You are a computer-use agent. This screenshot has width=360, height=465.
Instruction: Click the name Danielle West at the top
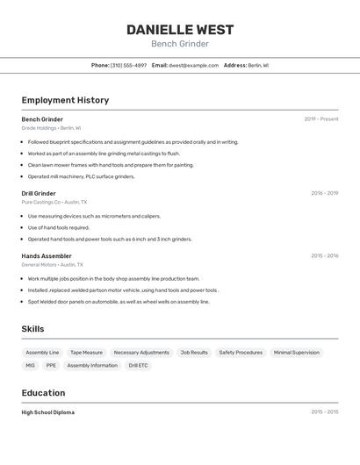click(x=180, y=29)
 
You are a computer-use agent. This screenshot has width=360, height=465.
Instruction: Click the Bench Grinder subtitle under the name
click(x=180, y=44)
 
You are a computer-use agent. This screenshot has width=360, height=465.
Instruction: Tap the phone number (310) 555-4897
click(x=128, y=65)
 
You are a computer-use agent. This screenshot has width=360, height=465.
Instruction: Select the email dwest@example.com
click(x=193, y=65)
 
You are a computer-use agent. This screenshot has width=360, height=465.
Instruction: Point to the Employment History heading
click(x=65, y=100)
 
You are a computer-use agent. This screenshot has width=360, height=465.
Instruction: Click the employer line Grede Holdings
click(x=51, y=128)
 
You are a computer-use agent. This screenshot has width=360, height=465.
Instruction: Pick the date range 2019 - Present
click(x=321, y=119)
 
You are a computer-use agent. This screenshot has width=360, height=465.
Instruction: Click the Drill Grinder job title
click(x=39, y=193)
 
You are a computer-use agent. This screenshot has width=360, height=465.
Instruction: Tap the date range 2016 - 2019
click(x=324, y=193)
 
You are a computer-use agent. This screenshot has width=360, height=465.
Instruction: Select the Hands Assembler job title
click(x=47, y=256)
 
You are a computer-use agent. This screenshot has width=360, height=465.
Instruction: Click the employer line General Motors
click(x=52, y=264)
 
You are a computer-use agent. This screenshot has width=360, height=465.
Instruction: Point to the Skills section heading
click(x=32, y=329)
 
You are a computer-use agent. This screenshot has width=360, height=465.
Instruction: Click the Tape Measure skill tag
click(x=86, y=353)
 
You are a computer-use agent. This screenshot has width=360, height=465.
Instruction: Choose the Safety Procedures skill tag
click(x=241, y=353)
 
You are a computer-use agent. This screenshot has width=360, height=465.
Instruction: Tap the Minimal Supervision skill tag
click(x=296, y=353)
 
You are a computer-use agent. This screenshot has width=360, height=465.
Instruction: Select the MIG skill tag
click(x=30, y=365)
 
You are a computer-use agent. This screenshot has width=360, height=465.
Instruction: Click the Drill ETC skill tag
click(x=139, y=365)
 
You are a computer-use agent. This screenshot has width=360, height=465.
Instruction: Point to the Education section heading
click(x=43, y=393)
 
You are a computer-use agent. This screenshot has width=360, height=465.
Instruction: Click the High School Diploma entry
click(x=47, y=412)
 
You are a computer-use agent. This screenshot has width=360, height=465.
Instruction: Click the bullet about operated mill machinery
click(x=81, y=176)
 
